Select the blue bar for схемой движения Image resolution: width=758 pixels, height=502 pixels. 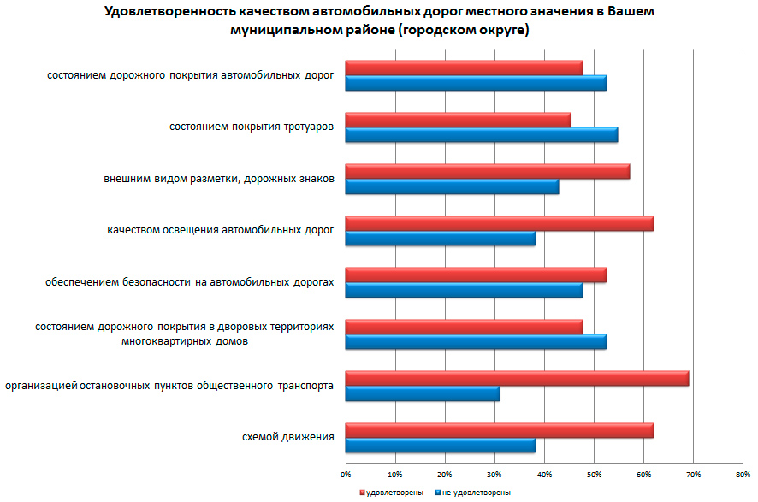pos(440,446)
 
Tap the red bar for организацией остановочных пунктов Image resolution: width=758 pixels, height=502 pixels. pos(517,378)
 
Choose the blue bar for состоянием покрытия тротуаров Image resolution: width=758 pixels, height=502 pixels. pos(481,134)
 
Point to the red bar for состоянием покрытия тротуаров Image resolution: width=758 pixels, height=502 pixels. pos(458,120)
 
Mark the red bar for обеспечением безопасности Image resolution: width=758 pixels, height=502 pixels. pos(476,275)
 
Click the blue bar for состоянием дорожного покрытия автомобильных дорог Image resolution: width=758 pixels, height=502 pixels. pos(476,83)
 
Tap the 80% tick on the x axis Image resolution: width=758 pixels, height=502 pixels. pos(743,473)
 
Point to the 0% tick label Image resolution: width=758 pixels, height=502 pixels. pos(346,473)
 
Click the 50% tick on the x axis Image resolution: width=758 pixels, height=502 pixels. pos(594,473)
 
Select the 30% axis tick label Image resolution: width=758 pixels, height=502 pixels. pos(494,473)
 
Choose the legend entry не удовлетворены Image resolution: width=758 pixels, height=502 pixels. pos(472,493)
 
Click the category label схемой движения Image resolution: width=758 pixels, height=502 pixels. pos(288,438)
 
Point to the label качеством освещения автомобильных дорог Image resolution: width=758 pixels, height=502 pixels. pos(221,230)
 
